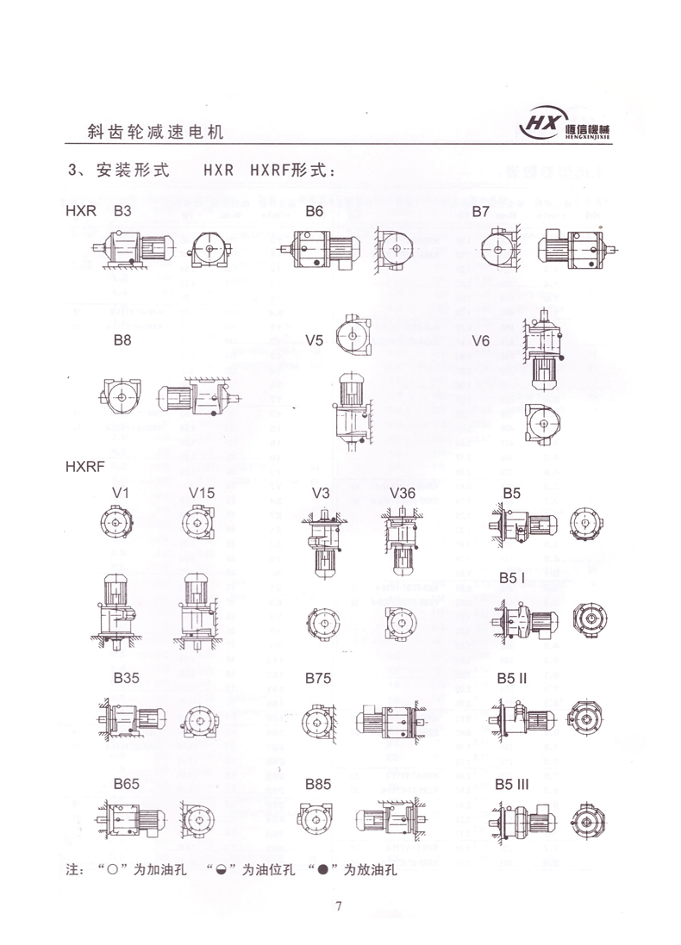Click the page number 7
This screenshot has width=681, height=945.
click(340, 906)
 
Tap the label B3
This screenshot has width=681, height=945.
click(122, 211)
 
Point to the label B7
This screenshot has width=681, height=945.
click(480, 211)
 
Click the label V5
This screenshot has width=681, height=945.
click(315, 341)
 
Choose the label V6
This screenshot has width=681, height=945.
click(481, 341)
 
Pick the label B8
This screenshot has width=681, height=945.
click(122, 341)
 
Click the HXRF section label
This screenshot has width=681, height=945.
click(84, 467)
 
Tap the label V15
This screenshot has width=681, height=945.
click(202, 492)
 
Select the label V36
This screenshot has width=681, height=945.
click(403, 492)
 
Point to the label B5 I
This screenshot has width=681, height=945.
click(512, 578)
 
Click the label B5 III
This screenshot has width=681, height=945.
click(515, 785)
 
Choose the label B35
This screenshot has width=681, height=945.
click(126, 678)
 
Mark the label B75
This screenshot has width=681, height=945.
click(318, 678)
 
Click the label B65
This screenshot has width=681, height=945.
click(126, 785)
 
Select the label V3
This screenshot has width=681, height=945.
click(321, 492)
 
